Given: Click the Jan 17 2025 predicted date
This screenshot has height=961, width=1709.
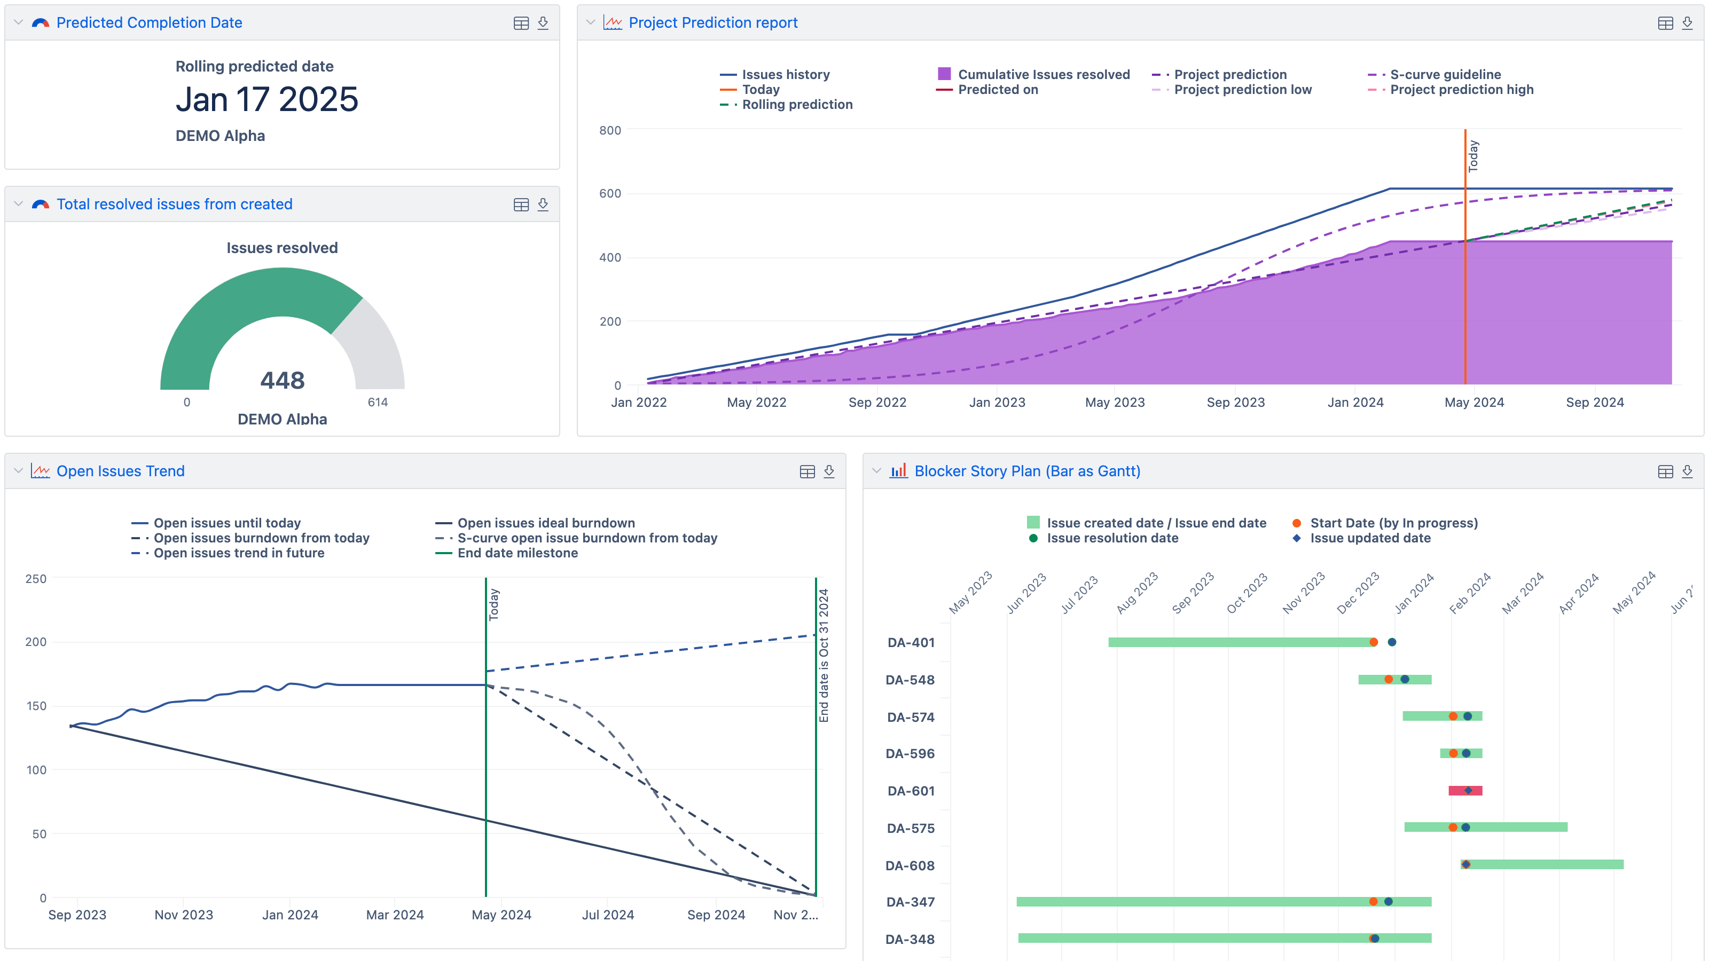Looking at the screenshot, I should pyautogui.click(x=266, y=99).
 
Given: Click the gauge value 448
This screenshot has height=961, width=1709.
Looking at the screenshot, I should pyautogui.click(x=282, y=380).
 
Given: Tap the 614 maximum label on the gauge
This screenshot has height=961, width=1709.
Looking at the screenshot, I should pyautogui.click(x=378, y=402).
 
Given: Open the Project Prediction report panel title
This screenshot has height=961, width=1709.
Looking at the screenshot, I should pyautogui.click(x=712, y=22).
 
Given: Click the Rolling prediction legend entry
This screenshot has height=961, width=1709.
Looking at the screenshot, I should pyautogui.click(x=796, y=104).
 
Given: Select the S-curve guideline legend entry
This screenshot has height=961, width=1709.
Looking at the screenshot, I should pyautogui.click(x=1445, y=74).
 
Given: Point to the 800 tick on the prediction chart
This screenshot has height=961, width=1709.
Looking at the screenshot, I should pyautogui.click(x=610, y=130).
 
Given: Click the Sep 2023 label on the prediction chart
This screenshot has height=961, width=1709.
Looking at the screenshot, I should pyautogui.click(x=1235, y=402).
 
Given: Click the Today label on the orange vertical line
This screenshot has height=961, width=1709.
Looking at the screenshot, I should pyautogui.click(x=1473, y=156).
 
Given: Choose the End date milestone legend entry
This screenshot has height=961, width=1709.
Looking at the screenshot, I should pyautogui.click(x=517, y=553).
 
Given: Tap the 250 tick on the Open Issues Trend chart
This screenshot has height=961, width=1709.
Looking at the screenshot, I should pyautogui.click(x=36, y=578).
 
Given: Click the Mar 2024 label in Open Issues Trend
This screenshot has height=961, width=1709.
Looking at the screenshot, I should pyautogui.click(x=395, y=915).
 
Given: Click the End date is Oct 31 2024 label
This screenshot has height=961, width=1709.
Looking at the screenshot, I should pyautogui.click(x=824, y=655).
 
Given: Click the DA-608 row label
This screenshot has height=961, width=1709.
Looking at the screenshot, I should pyautogui.click(x=910, y=865).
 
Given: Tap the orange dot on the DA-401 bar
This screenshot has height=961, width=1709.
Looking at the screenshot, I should pyautogui.click(x=1373, y=642).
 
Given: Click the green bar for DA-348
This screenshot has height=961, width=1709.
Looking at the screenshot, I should pyautogui.click(x=1194, y=938).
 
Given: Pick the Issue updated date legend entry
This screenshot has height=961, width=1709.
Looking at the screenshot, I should pyautogui.click(x=1369, y=538).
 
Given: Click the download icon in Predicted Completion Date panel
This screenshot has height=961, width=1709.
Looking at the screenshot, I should pyautogui.click(x=543, y=22).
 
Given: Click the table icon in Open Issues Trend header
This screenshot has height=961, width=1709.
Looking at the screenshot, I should pyautogui.click(x=807, y=471).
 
